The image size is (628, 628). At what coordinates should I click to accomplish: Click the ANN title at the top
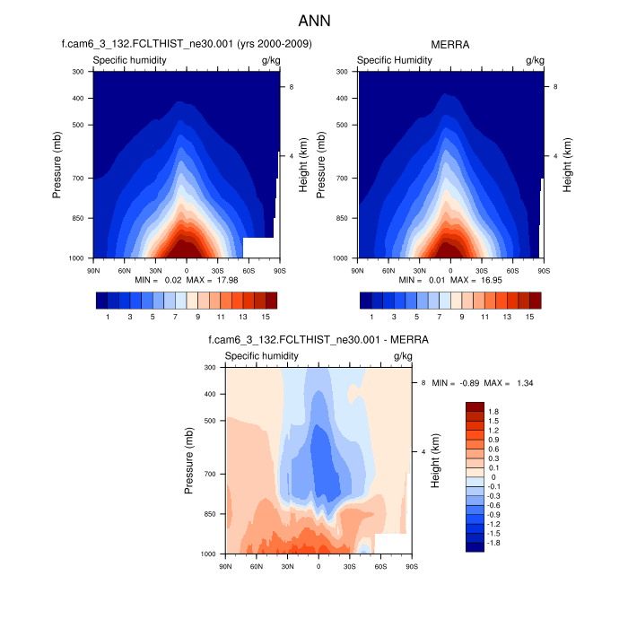[314, 20]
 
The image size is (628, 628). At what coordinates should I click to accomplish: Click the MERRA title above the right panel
[450, 44]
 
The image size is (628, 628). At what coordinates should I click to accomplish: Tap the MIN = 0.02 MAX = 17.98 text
[187, 280]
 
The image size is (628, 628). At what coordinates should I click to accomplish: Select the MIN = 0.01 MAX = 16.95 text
[450, 280]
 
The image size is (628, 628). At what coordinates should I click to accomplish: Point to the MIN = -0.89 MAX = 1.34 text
[483, 383]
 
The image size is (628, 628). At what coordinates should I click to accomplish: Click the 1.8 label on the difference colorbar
[494, 411]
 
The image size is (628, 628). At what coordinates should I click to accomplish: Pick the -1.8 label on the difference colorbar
[494, 544]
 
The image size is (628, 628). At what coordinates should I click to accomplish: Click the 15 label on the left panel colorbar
[266, 317]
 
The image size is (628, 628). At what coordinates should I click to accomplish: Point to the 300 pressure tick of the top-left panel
[77, 71]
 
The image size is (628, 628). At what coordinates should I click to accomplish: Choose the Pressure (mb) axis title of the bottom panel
[189, 460]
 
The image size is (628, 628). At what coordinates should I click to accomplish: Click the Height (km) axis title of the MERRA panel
[567, 165]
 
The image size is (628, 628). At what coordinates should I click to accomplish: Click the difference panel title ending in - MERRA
[318, 340]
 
